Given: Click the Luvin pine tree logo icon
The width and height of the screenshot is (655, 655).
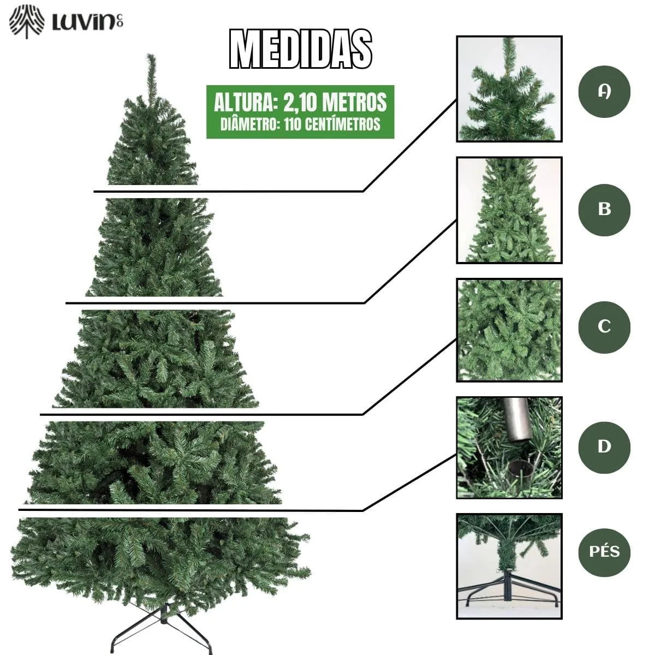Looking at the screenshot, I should [x=27, y=22].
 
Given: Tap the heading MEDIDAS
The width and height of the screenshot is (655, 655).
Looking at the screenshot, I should [x=301, y=49].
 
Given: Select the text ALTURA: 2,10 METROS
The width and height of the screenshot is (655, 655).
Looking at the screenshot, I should [x=300, y=102].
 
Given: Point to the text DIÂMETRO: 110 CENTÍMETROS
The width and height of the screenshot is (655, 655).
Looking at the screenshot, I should [x=300, y=124].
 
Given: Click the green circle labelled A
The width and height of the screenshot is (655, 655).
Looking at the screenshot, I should [x=604, y=92].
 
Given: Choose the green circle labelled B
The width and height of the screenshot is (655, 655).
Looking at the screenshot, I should [x=604, y=210].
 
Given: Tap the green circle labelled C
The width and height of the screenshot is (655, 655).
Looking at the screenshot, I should [x=604, y=326].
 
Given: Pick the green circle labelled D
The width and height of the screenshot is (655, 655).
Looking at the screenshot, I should [x=604, y=446].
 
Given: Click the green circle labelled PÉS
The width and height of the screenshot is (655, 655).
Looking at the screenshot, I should [x=604, y=551].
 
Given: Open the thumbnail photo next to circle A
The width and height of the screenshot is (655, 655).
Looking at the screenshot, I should [x=509, y=89].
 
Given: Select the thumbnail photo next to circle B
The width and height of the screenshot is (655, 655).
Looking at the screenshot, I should [x=509, y=210].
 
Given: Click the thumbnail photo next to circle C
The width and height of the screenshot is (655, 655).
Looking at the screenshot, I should [x=509, y=330].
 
